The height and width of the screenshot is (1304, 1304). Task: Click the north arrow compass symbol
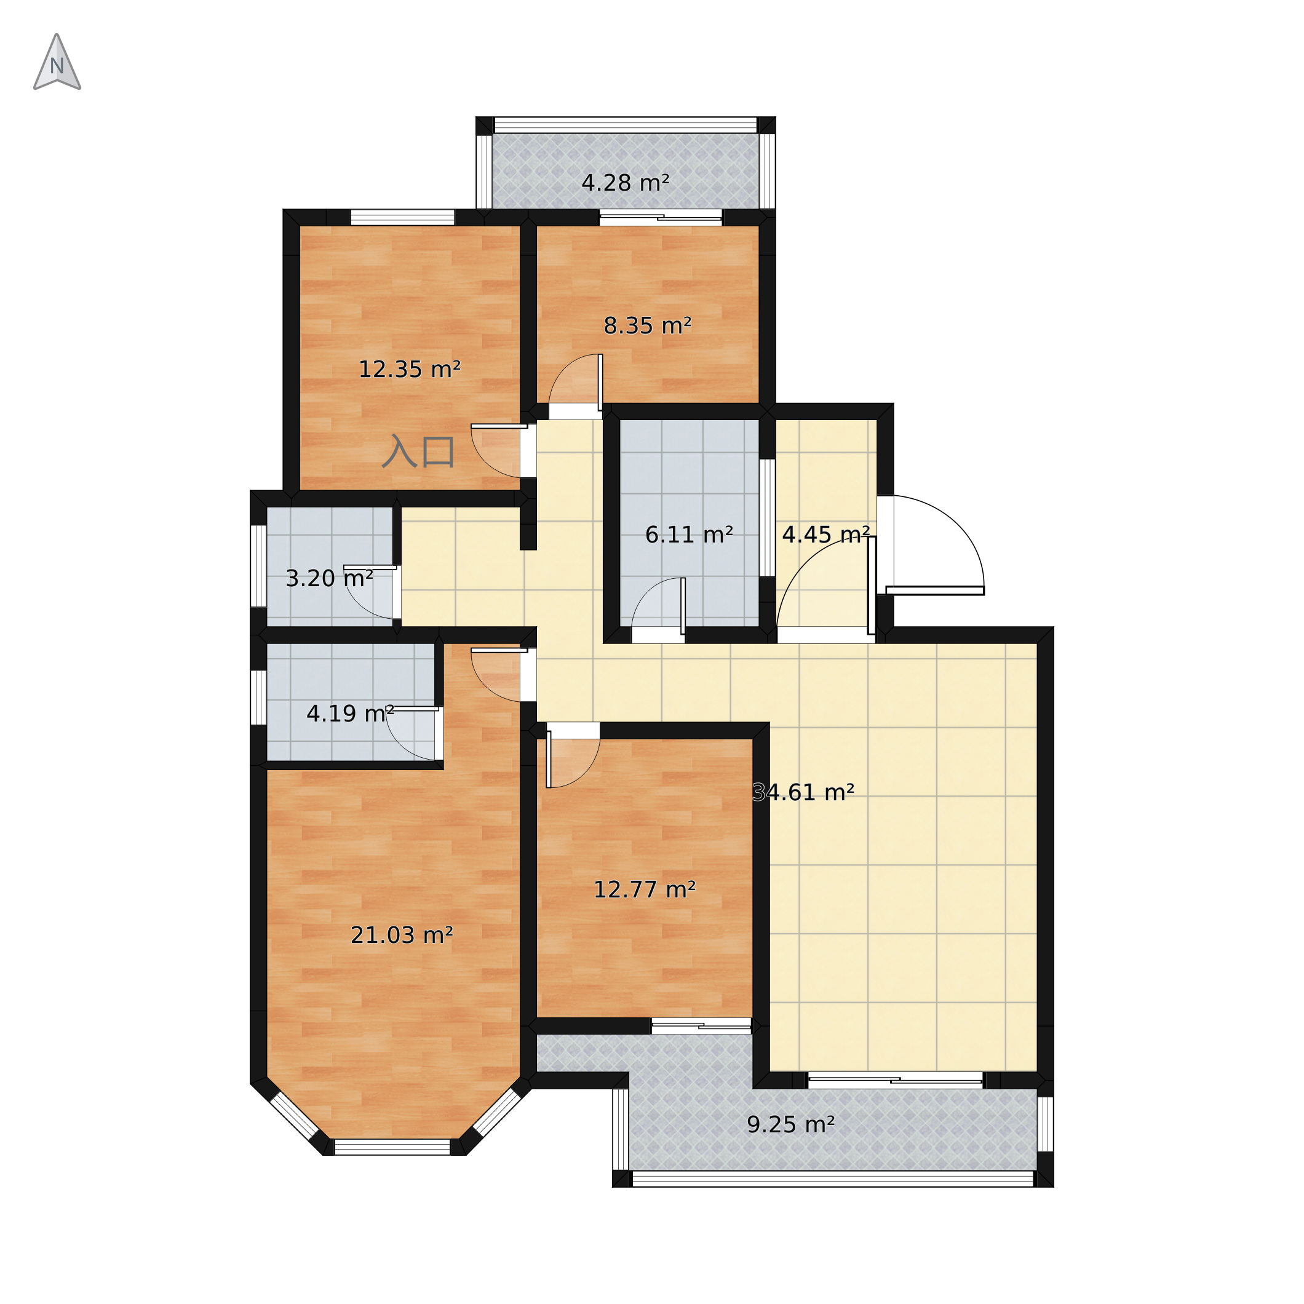[x=57, y=62]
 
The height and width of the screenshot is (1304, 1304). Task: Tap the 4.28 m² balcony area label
[x=625, y=183]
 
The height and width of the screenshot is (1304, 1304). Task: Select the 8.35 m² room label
[x=647, y=326]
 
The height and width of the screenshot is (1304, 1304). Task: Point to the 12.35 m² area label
[x=409, y=370]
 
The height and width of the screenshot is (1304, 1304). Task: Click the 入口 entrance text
[x=418, y=452]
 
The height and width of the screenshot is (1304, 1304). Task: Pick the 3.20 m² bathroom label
[x=329, y=578]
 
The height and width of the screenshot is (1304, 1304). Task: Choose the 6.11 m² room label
[x=689, y=535]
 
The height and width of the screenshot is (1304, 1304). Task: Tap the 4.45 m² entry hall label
[x=825, y=535]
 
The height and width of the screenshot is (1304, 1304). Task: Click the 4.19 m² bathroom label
[x=351, y=714]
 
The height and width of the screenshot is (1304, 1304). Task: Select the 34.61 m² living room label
[x=803, y=792]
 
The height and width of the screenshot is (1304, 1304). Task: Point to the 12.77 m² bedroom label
[x=645, y=890]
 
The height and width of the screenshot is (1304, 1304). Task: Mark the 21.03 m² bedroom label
[x=402, y=936]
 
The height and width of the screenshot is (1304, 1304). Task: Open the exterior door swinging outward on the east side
[x=935, y=590]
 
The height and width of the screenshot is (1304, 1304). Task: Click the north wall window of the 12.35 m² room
[x=402, y=217]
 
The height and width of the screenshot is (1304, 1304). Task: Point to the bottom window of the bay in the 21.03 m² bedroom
[x=392, y=1147]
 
